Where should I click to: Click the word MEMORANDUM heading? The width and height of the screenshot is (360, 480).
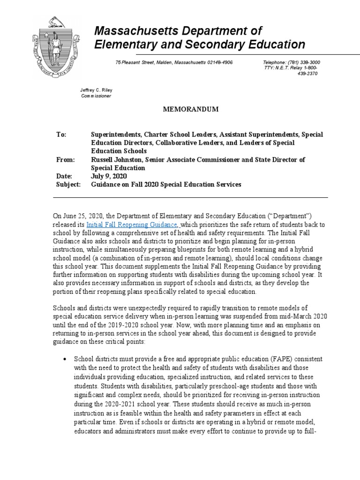coord(191,109)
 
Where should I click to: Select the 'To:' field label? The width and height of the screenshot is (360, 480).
coord(61,135)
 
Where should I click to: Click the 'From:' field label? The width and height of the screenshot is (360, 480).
coord(66,160)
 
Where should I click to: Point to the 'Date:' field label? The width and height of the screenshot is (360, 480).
coord(65,176)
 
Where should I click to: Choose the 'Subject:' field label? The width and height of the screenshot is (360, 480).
coord(68,185)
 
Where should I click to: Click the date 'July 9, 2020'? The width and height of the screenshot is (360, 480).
coord(109,176)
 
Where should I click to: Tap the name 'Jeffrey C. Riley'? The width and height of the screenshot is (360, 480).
coord(97,90)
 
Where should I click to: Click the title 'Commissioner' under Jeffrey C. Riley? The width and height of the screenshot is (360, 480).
coord(97,96)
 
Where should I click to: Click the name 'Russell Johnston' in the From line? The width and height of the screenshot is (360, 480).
coord(117,160)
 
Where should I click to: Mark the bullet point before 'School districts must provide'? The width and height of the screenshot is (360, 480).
coord(64,359)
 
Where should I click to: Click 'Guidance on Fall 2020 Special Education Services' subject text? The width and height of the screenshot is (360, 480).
coord(166,185)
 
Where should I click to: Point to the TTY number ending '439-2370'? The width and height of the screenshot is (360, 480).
coord(307,74)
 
